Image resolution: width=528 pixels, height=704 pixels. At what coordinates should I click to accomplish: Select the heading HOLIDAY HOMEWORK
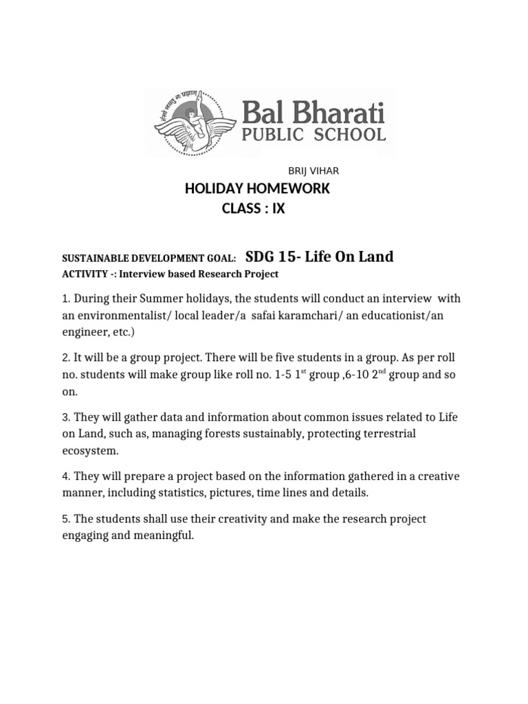pos(257,189)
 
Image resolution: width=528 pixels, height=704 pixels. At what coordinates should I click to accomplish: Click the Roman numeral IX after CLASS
pos(276,209)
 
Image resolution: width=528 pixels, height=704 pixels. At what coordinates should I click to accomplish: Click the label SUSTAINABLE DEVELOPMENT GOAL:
pos(149,258)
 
